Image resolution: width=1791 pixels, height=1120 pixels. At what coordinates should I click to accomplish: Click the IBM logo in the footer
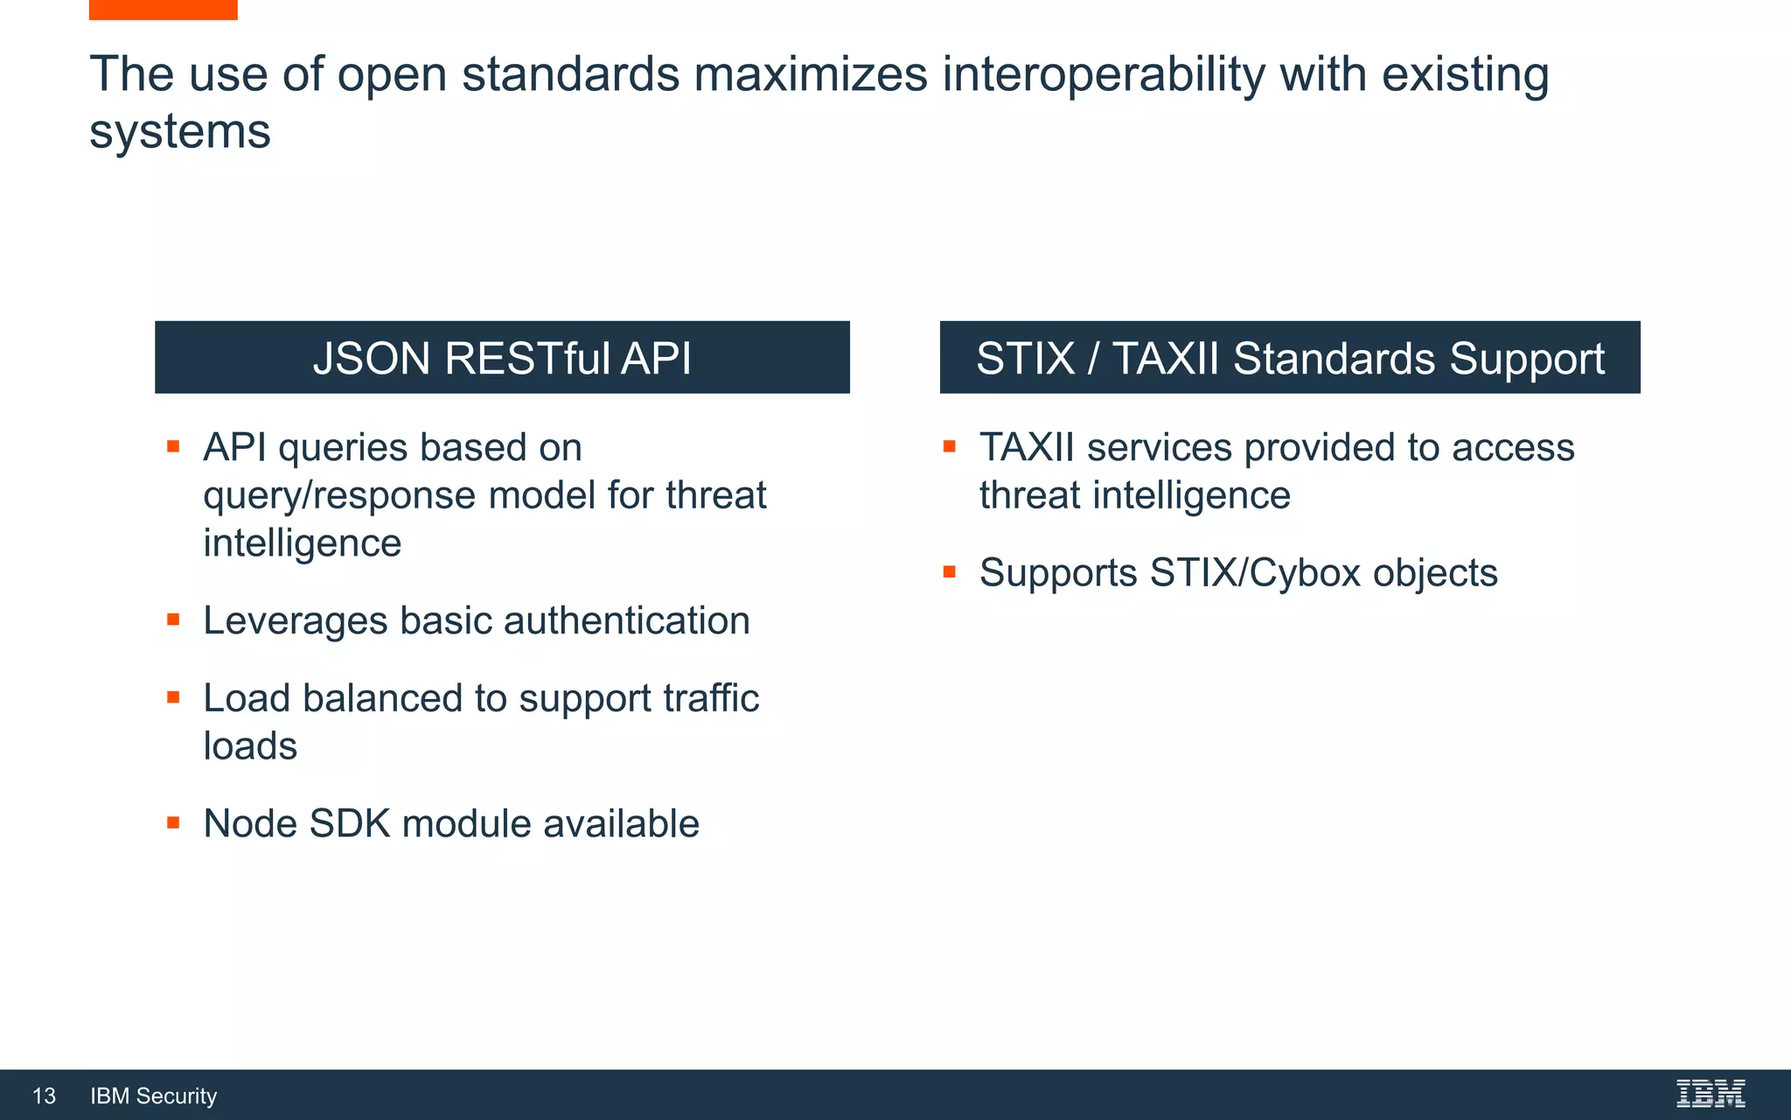point(1710,1094)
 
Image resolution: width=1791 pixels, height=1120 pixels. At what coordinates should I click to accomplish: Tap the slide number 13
point(44,1095)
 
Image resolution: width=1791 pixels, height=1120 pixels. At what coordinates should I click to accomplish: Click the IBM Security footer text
point(154,1095)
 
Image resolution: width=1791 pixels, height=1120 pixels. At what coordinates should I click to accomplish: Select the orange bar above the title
point(163,10)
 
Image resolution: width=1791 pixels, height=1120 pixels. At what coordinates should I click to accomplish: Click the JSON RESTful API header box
point(502,357)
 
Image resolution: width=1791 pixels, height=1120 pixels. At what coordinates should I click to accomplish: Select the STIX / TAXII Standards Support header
point(1290,357)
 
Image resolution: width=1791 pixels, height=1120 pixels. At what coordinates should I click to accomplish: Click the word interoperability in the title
point(1104,73)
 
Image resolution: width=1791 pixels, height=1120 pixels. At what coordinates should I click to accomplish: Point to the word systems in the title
point(180,131)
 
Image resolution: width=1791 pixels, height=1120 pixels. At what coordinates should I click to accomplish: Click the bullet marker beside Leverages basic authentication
point(173,620)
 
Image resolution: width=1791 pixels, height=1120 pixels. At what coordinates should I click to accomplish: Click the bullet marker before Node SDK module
point(173,823)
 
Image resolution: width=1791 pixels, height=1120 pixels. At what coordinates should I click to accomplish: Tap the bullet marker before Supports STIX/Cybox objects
point(950,573)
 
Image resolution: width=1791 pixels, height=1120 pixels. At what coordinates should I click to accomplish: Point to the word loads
point(250,745)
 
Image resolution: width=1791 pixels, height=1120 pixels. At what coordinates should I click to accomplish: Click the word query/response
point(339,495)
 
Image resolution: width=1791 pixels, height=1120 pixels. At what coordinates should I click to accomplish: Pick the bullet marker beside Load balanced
point(173,698)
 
